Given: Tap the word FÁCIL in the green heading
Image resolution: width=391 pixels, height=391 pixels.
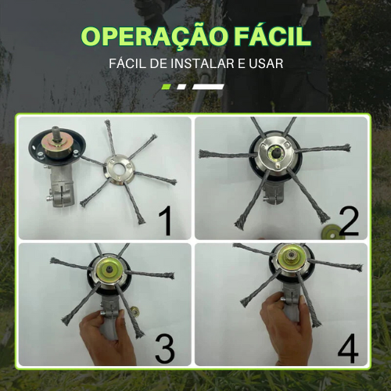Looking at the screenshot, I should (x=266, y=37).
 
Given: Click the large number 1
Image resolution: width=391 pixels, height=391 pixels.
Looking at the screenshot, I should (x=165, y=221).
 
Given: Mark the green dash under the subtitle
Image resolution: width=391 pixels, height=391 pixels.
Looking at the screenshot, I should (x=167, y=86).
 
